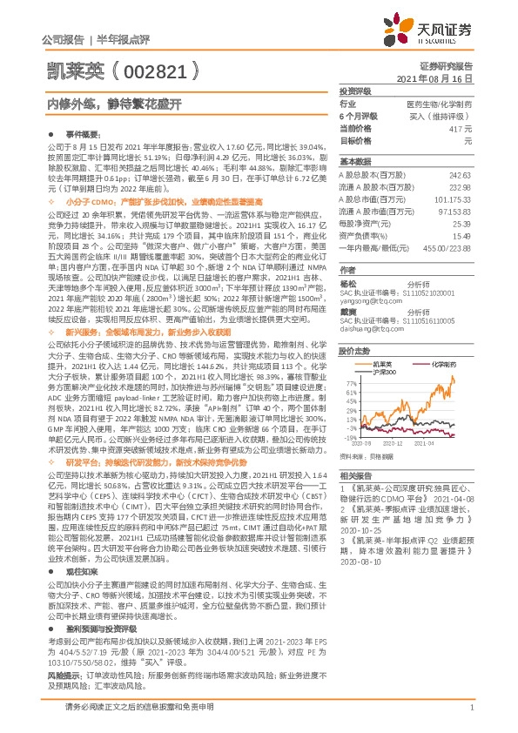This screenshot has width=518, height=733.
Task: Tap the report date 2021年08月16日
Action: (x=442, y=78)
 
